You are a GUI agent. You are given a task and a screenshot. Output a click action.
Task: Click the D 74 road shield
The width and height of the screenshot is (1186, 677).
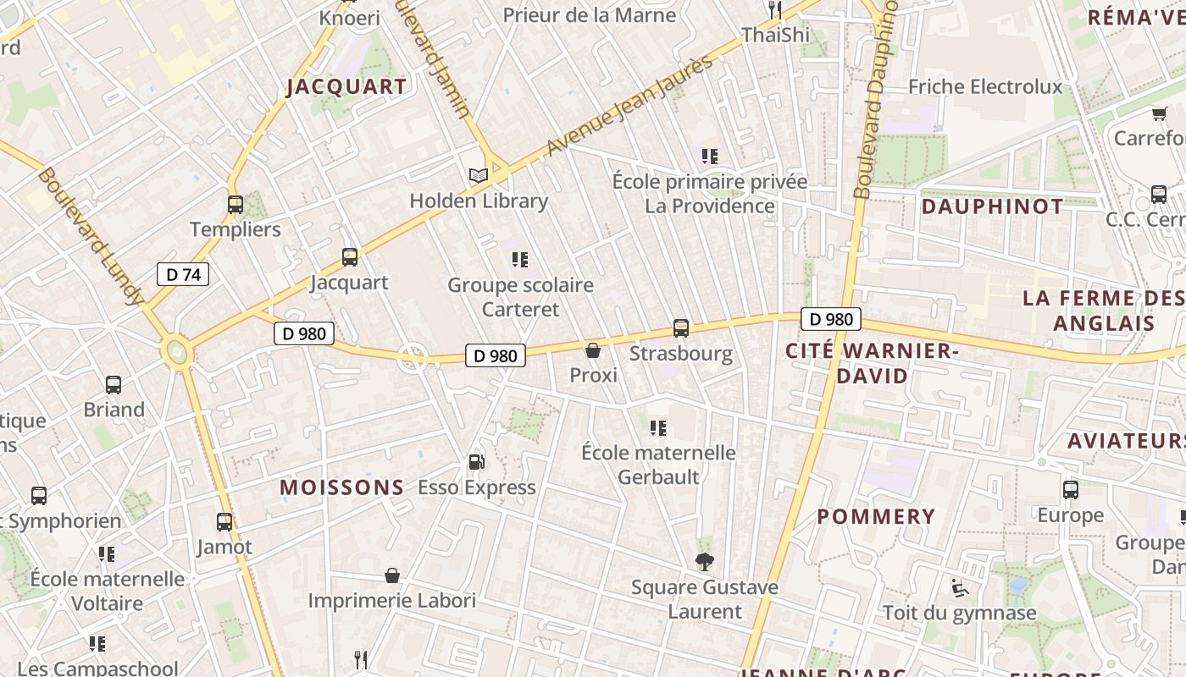coord(182,274)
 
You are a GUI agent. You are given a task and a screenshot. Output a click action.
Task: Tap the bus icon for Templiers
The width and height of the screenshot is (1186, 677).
coord(236,204)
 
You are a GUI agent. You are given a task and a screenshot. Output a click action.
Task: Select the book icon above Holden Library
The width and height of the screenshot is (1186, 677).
coord(479,175)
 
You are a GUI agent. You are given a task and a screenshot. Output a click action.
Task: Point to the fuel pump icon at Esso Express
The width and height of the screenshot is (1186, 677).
coord(477,462)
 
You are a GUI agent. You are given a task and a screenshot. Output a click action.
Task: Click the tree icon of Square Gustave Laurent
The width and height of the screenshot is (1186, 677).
coord(704,561)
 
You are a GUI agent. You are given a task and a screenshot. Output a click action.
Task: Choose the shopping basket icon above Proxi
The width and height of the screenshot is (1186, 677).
coord(593,350)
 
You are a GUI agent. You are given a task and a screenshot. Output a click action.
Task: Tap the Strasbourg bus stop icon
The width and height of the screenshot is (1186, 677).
coord(680,327)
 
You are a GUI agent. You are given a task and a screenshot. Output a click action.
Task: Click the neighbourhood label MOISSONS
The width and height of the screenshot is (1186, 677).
coord(342,487)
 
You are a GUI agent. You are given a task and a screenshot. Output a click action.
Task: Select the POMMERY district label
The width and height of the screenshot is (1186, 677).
coord(876,516)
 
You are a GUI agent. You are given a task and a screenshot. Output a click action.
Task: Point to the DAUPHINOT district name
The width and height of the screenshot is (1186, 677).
coord(980,206)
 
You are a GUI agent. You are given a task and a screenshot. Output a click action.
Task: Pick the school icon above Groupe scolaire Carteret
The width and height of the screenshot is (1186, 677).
coord(520,259)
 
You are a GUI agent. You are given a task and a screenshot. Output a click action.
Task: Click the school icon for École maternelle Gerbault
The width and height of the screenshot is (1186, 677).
coord(657,427)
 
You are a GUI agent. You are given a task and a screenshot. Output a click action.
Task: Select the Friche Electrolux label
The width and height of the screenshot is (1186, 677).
coord(985,86)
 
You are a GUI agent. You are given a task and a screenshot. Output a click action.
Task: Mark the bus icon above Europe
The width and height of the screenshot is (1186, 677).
coord(1071,489)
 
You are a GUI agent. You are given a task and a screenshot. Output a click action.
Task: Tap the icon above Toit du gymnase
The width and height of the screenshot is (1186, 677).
coord(959,587)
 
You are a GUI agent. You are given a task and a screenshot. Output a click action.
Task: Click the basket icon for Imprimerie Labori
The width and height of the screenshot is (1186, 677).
coord(392,575)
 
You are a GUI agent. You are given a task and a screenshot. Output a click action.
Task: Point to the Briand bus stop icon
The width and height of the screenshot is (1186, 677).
coord(114,384)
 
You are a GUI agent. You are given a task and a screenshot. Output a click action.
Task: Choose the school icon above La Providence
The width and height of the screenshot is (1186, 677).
coord(710,156)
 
